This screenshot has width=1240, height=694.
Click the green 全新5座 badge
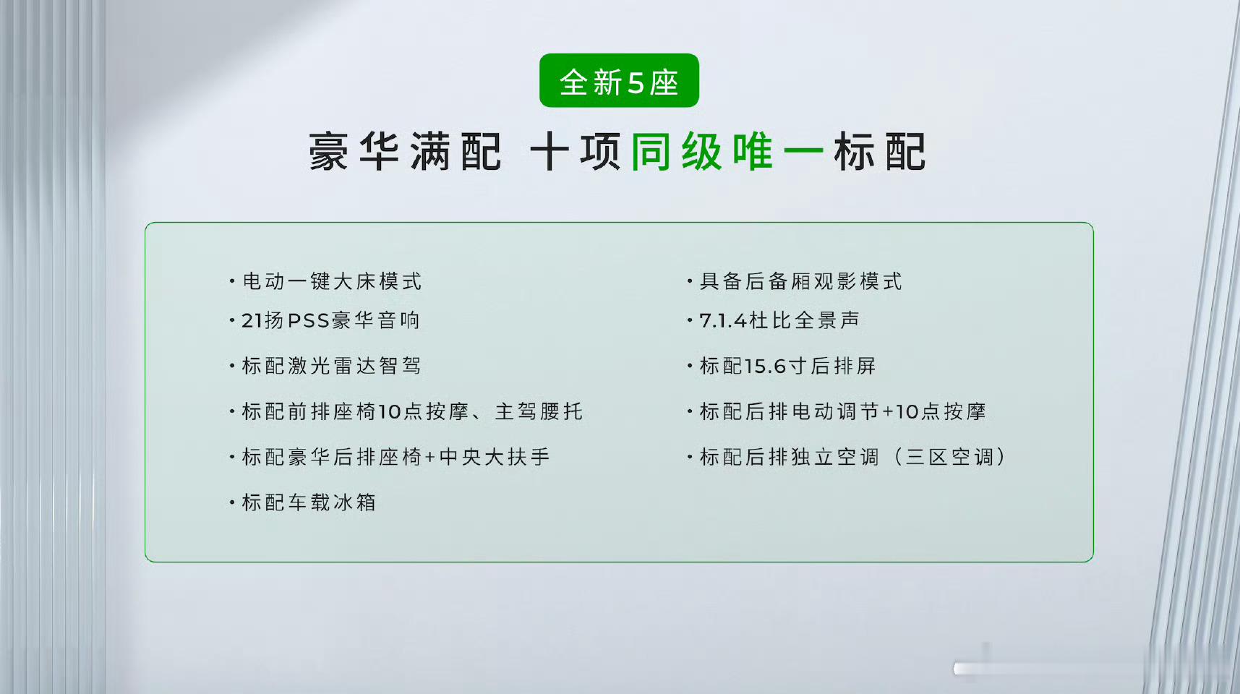[x=619, y=80]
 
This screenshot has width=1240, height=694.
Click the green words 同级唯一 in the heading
[x=727, y=152]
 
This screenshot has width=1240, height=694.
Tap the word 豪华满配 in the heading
[x=405, y=152]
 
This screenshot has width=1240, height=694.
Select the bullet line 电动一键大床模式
[x=325, y=281]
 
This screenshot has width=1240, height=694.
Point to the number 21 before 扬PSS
[x=252, y=320]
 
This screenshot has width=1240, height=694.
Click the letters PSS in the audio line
[x=309, y=320]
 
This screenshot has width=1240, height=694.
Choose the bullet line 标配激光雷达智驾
[x=325, y=366]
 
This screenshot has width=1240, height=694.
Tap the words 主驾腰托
[x=539, y=411]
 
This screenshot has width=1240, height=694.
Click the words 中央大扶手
[x=495, y=457]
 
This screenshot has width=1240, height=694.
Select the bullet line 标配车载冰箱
[x=303, y=502]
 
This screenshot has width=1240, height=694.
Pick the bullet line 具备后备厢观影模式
[x=795, y=281]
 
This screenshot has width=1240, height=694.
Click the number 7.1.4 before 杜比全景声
[x=723, y=320]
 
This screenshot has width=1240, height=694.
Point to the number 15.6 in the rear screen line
[x=764, y=367]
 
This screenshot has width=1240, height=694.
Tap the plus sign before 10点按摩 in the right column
[x=888, y=412]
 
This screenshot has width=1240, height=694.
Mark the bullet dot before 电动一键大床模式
[x=232, y=280]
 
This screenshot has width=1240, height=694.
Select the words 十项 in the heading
[x=576, y=152]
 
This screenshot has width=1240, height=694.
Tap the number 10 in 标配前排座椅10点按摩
[x=389, y=412]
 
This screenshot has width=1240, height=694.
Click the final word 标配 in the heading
[x=880, y=152]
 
